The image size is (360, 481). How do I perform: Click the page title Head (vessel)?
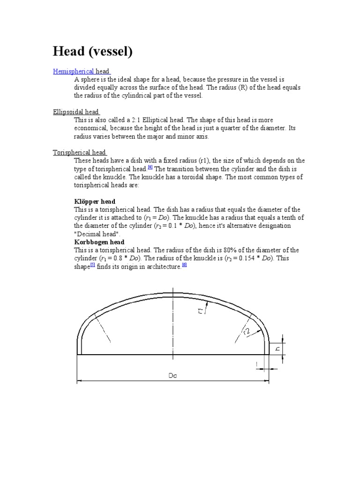93,51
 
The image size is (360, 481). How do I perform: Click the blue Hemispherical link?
74,71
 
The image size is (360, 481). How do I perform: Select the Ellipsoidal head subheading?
75,112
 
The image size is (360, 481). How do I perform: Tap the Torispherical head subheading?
79,152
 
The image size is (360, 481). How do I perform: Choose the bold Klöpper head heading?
95,202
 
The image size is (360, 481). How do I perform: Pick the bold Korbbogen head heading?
99,242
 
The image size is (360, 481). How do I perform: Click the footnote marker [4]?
150,167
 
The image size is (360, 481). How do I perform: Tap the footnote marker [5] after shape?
92,265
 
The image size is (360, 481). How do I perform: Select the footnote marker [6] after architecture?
184,265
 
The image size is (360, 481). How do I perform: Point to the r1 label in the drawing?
201,310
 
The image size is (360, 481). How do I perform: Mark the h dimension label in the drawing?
277,348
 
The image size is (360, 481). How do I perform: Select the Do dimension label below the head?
172,375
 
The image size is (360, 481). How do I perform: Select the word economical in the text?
91,128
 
